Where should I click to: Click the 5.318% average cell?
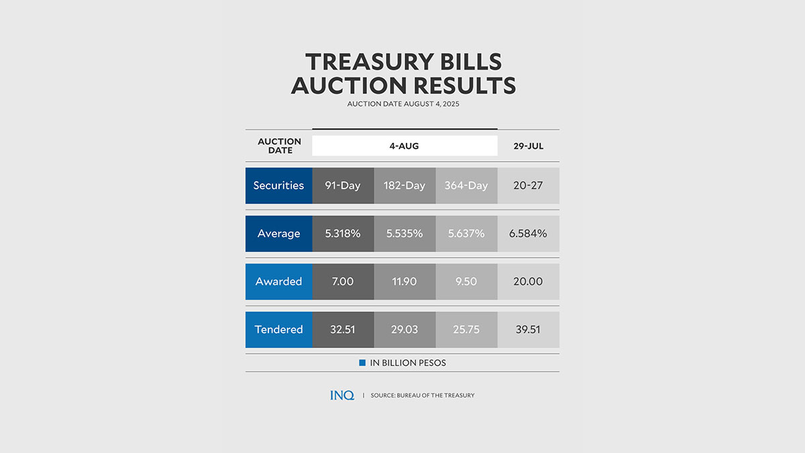[x=343, y=234]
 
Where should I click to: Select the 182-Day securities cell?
[x=405, y=185]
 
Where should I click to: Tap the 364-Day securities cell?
[x=466, y=185]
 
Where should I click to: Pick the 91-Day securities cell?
[x=343, y=185]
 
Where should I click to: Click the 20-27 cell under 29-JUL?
[x=528, y=185]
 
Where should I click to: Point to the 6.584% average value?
[x=528, y=234]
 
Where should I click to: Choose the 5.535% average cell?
[x=405, y=234]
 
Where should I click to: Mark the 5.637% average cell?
[x=466, y=234]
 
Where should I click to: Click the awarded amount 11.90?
[x=405, y=281]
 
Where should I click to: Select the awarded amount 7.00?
[x=343, y=281]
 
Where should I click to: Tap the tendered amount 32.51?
[x=343, y=330]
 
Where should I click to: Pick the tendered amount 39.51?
[x=528, y=330]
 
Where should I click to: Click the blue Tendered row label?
[x=278, y=330]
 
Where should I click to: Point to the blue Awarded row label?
[x=278, y=281]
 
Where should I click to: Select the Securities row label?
[x=278, y=185]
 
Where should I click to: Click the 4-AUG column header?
[x=405, y=146]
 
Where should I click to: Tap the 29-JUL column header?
[x=528, y=146]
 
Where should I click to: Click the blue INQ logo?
[x=342, y=395]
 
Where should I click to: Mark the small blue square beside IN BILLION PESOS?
[x=362, y=363]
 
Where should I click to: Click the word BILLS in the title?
[x=463, y=62]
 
